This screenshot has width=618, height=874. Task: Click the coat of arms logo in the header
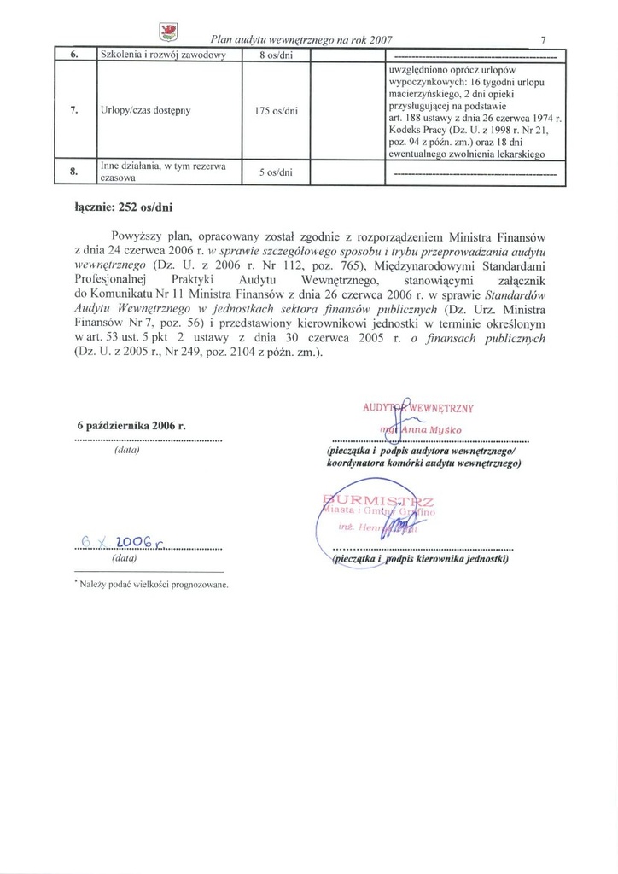[169, 32]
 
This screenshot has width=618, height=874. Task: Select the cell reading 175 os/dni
[277, 110]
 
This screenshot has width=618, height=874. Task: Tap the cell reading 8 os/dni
[277, 56]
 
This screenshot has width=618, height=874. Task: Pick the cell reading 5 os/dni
[277, 172]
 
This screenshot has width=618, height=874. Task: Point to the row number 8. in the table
[74, 172]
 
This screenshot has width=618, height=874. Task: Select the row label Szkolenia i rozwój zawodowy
[162, 56]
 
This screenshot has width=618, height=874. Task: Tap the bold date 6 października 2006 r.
[131, 425]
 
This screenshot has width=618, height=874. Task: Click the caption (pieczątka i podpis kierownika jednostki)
[419, 560]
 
